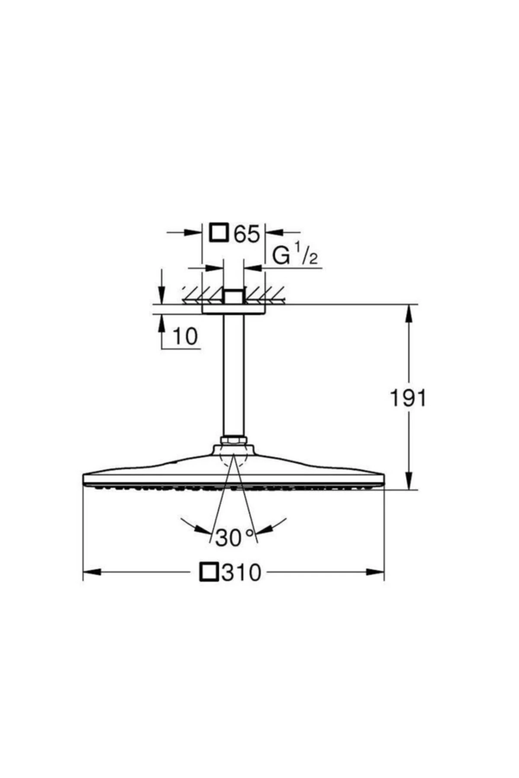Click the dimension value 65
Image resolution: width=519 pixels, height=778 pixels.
[247, 234]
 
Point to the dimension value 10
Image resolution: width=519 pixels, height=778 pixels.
[185, 336]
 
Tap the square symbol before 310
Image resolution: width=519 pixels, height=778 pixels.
[208, 572]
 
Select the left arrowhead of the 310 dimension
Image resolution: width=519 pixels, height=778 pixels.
[92, 572]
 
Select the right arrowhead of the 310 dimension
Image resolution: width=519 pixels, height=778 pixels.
[375, 572]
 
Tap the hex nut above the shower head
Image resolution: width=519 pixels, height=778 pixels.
[234, 440]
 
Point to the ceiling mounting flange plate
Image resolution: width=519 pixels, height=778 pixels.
[234, 309]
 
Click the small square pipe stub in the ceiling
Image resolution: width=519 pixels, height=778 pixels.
[234, 297]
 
